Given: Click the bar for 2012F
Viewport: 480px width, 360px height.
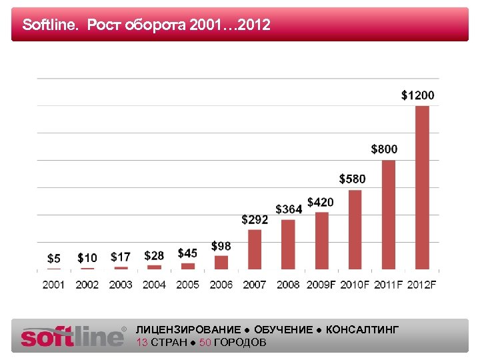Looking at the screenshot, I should point(422,187).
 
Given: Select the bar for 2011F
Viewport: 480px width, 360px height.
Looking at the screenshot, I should point(389,214).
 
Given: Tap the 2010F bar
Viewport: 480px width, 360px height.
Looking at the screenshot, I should point(355,229).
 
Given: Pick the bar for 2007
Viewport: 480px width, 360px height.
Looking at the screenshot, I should point(255,249).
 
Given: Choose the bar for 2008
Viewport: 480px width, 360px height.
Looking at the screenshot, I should point(288,244).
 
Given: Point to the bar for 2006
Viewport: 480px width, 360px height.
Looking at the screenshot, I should point(221,262).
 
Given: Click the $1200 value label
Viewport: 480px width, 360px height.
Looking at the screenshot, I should point(417,95).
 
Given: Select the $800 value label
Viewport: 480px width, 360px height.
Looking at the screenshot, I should point(384,149).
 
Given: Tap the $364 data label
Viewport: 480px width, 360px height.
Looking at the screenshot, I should point(289,209).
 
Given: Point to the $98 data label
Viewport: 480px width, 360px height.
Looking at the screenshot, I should point(221,246).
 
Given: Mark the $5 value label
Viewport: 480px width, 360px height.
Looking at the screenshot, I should point(54,258).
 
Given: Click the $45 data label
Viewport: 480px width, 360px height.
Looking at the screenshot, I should point(187,253).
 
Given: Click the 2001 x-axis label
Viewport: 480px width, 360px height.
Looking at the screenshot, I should point(54,285).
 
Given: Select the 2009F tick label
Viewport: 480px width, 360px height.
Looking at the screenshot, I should point(321,285).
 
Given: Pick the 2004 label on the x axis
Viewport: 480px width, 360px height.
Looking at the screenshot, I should point(154,285).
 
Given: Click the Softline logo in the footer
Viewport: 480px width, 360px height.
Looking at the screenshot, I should point(73,336).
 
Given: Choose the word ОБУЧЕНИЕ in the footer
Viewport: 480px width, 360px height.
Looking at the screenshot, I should point(283,330).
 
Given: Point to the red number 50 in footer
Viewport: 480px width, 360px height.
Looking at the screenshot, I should point(205,343).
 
